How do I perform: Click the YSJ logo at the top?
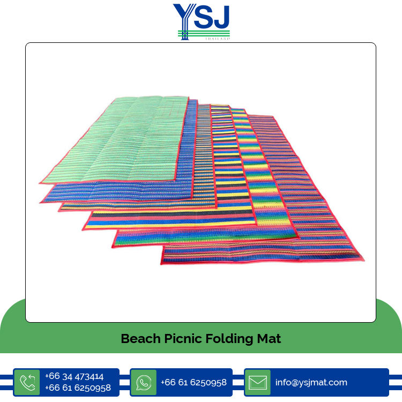tap(201, 20)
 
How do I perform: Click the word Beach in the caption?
tap(139, 339)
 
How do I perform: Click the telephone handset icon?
tap(27, 382)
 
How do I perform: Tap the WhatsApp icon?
tap(144, 382)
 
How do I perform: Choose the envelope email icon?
tap(258, 382)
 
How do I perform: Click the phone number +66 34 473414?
tap(74, 376)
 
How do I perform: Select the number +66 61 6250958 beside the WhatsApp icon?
tap(193, 382)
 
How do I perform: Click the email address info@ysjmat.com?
tap(311, 382)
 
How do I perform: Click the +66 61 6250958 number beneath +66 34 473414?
tap(78, 388)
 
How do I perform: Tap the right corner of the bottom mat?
tap(362, 260)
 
